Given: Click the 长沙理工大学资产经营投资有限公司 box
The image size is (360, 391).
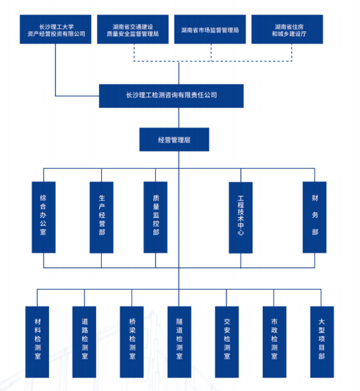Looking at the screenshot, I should (56, 30).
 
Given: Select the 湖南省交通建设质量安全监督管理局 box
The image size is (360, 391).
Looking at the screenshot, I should (133, 30).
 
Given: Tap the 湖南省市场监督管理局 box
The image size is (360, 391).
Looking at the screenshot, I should (210, 30).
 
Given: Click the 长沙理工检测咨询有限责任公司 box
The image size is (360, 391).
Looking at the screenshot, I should (171, 96).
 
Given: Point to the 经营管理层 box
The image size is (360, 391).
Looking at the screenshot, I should (174, 139).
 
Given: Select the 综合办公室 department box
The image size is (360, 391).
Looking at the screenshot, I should (43, 217).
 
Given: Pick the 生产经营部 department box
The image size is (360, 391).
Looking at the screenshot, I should (102, 217).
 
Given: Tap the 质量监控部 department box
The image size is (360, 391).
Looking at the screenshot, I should (156, 217).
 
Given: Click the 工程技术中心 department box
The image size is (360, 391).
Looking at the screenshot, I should (241, 217).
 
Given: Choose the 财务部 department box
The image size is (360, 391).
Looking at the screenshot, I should (315, 217).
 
